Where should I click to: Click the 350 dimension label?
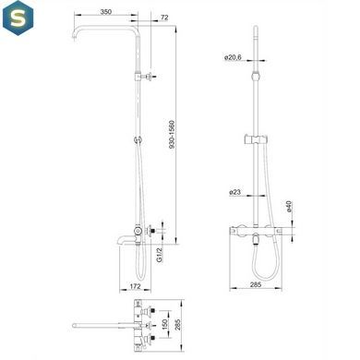pos(105,12)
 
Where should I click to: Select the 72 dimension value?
pos(164,18)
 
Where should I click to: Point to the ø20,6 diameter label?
pos(234,57)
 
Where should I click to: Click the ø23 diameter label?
pos(234,192)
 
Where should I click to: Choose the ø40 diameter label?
pos(289,207)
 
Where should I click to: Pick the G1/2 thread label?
pos(159,255)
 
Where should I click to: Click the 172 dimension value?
pos(135,286)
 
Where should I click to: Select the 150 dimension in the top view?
pos(164,325)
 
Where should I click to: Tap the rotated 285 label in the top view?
pos(177,325)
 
